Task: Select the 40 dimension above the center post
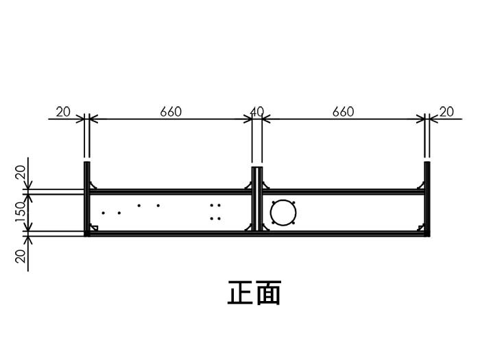(x=257, y=112)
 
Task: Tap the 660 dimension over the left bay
(x=171, y=112)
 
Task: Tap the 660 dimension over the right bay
(x=343, y=112)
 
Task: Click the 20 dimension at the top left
(x=63, y=112)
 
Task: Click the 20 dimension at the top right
(x=446, y=112)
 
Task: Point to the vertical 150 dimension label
(x=21, y=213)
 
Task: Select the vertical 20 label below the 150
(x=21, y=255)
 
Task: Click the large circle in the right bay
(x=282, y=213)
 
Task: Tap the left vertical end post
(x=87, y=199)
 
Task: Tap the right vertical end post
(x=427, y=199)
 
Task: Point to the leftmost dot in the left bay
(x=103, y=213)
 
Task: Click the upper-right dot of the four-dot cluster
(x=219, y=205)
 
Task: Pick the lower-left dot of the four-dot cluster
(x=212, y=218)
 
